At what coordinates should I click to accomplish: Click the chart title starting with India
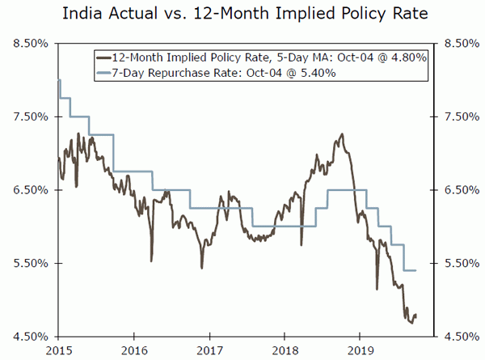[242, 15]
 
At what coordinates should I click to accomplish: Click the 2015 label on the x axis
[58, 350]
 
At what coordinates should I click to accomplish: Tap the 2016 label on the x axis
[133, 350]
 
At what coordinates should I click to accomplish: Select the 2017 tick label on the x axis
[209, 350]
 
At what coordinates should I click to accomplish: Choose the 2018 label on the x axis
[285, 350]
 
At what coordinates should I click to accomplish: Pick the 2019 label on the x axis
[360, 350]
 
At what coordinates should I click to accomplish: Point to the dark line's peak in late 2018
[343, 134]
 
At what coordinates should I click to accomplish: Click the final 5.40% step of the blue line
[409, 270]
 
